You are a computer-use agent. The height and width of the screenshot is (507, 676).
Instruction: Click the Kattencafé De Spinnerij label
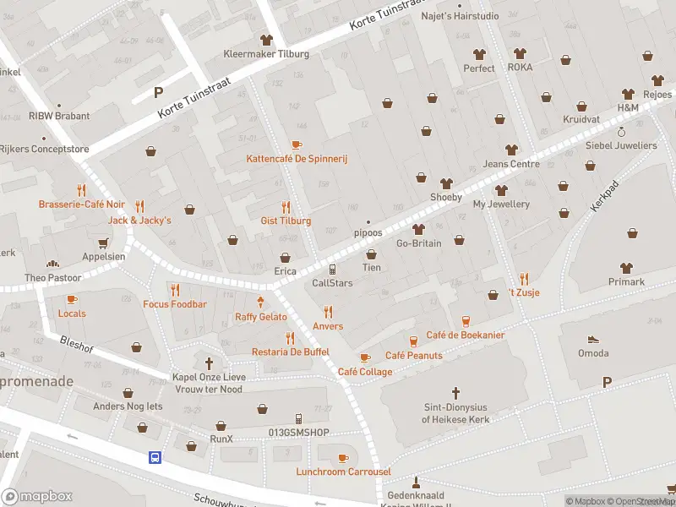297,159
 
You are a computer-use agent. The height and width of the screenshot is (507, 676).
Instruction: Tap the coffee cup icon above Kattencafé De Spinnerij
297,145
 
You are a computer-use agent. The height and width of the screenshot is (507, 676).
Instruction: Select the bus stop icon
155,457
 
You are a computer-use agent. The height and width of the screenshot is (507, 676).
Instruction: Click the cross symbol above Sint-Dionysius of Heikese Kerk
455,393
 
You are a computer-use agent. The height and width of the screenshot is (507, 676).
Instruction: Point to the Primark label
626,282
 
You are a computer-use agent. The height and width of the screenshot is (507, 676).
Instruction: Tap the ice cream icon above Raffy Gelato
260,302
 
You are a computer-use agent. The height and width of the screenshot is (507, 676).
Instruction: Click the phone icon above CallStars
332,269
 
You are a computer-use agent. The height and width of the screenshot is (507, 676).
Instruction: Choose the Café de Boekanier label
465,335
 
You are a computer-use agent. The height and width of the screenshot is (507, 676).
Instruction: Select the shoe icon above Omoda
593,338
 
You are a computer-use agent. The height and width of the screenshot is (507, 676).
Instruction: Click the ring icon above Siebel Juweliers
621,133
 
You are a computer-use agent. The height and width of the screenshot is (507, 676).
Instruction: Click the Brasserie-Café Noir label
81,204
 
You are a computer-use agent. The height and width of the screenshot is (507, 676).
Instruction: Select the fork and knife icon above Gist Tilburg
286,207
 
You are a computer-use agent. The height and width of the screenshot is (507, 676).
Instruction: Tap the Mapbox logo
37,497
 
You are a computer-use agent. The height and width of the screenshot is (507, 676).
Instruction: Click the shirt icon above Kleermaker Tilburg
266,40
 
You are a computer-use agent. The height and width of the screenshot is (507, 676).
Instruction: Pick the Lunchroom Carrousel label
343,472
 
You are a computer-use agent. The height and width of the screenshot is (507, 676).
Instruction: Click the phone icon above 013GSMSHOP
297,419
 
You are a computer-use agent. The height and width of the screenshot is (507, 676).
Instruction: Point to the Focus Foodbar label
175,304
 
